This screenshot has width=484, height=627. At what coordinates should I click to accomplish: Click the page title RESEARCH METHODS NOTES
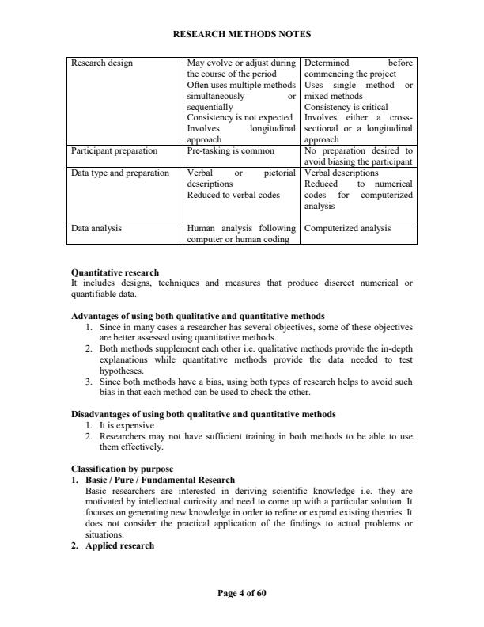tap(241, 34)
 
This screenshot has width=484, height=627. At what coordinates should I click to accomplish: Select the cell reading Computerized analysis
tap(347, 228)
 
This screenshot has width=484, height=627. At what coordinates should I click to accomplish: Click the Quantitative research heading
tap(115, 272)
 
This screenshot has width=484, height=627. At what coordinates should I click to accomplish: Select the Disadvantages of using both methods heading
tap(203, 413)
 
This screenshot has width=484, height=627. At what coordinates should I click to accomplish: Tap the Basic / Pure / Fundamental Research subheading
tap(161, 479)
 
